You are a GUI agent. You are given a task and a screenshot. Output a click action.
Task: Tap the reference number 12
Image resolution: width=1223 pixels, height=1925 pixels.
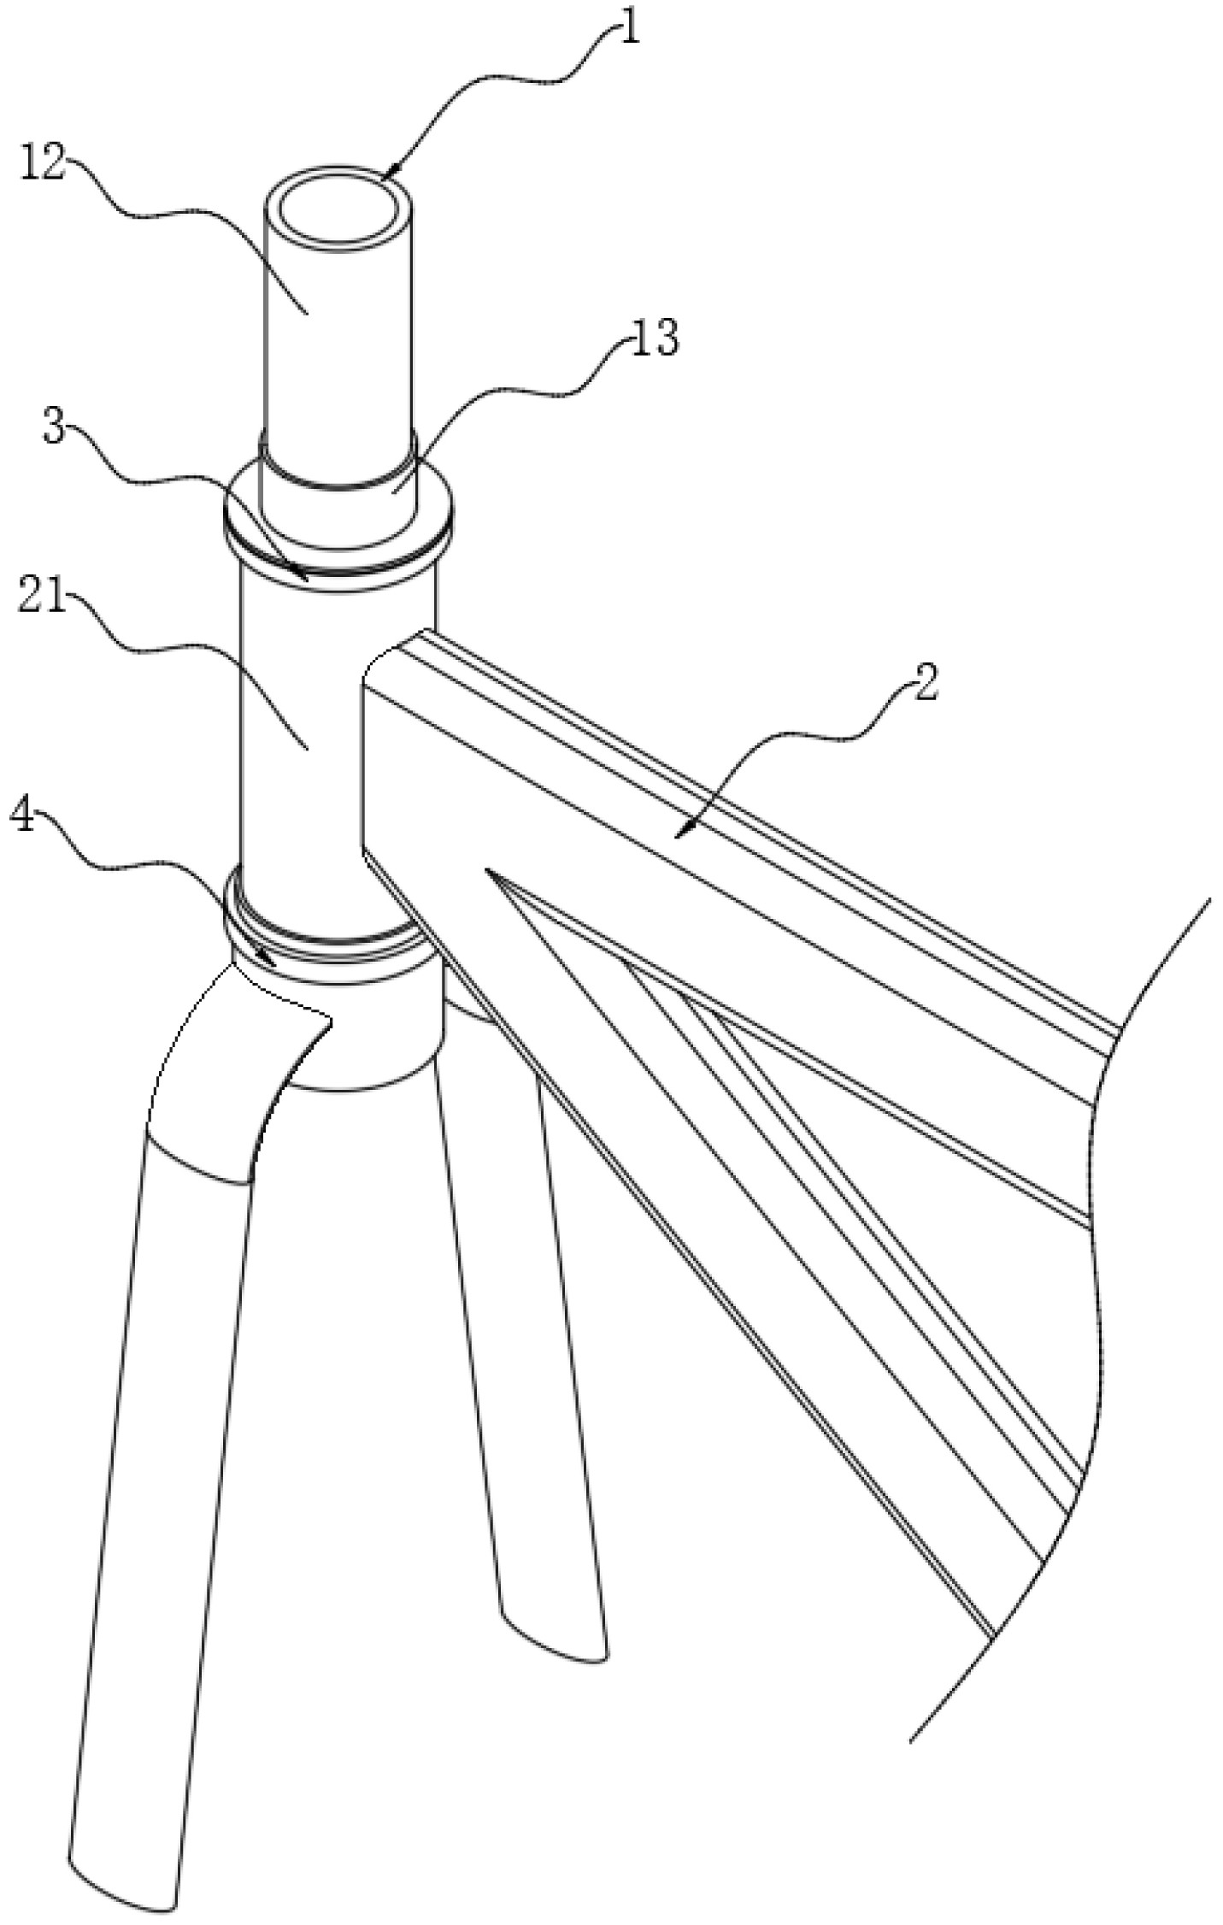coord(43,163)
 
